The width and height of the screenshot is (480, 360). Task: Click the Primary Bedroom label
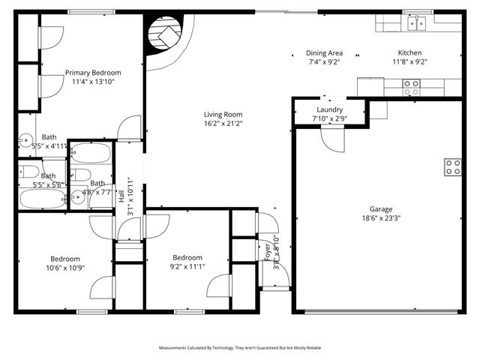coord(93,73)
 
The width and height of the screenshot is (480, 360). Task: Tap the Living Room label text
coord(223,115)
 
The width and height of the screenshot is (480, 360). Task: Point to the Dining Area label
coord(324,53)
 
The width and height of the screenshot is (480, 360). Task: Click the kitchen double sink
coord(416,23)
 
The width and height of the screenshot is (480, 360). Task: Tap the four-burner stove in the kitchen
coord(411,88)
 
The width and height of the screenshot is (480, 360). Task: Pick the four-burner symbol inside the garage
coord(452,167)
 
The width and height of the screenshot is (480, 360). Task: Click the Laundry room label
coord(330,109)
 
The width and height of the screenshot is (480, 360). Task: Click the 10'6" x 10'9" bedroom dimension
coord(64,266)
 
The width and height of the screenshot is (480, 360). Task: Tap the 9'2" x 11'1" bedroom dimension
coord(187,266)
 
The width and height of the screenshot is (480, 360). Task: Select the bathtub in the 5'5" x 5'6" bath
coord(43,199)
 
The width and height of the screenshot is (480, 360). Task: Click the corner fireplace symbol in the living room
coord(164,35)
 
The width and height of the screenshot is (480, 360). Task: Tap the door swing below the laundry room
coord(332,139)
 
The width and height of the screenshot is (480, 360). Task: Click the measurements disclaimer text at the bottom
coord(240,348)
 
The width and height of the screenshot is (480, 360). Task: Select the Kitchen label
coord(409,53)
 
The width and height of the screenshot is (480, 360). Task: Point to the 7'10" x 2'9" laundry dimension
coord(330,118)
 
